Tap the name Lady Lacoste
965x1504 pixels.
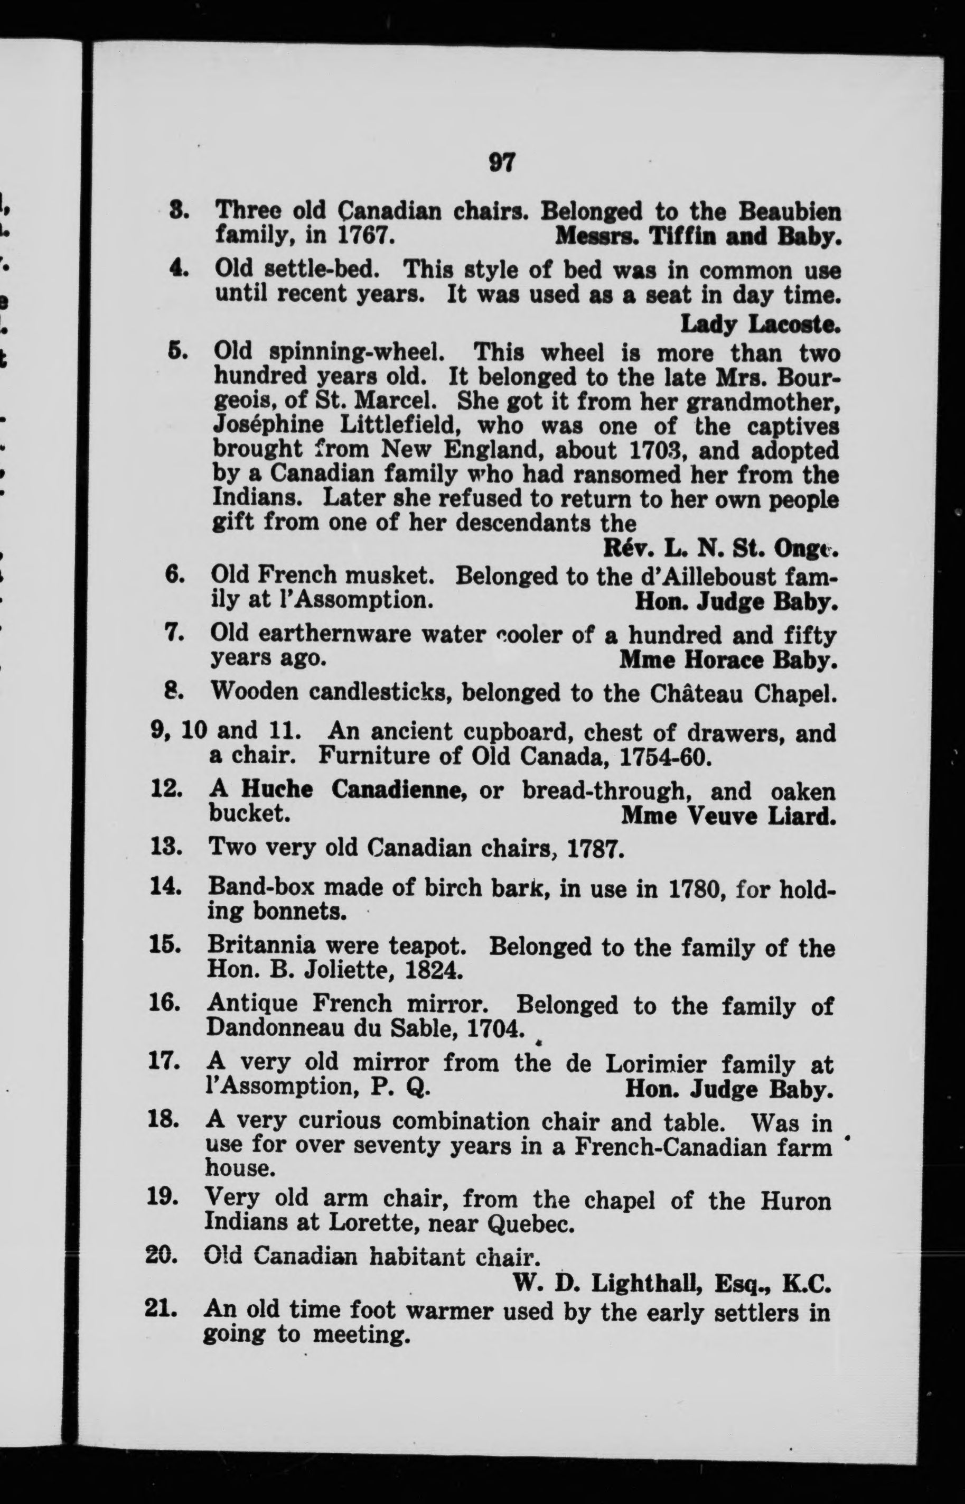click(760, 323)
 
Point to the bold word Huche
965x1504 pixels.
click(276, 791)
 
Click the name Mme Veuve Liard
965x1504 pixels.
click(728, 815)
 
